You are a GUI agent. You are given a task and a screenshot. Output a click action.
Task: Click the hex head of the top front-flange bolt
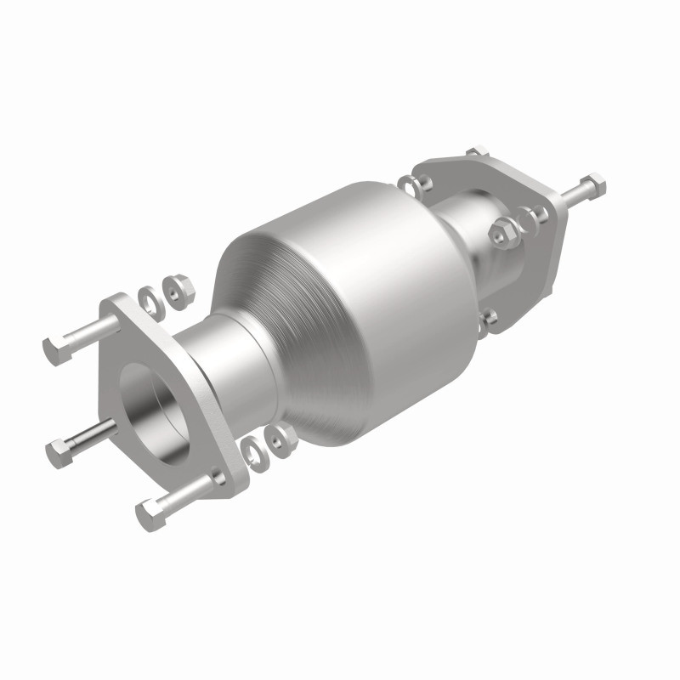pos(54,347)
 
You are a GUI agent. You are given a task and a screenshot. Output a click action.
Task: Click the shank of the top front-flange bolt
pos(85,334)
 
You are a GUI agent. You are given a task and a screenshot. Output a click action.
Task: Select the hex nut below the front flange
pos(277,438)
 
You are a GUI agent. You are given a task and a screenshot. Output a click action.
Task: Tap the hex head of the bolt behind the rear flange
pos(594,184)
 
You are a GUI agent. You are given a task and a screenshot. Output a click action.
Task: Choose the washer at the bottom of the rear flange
pos(490,320)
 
